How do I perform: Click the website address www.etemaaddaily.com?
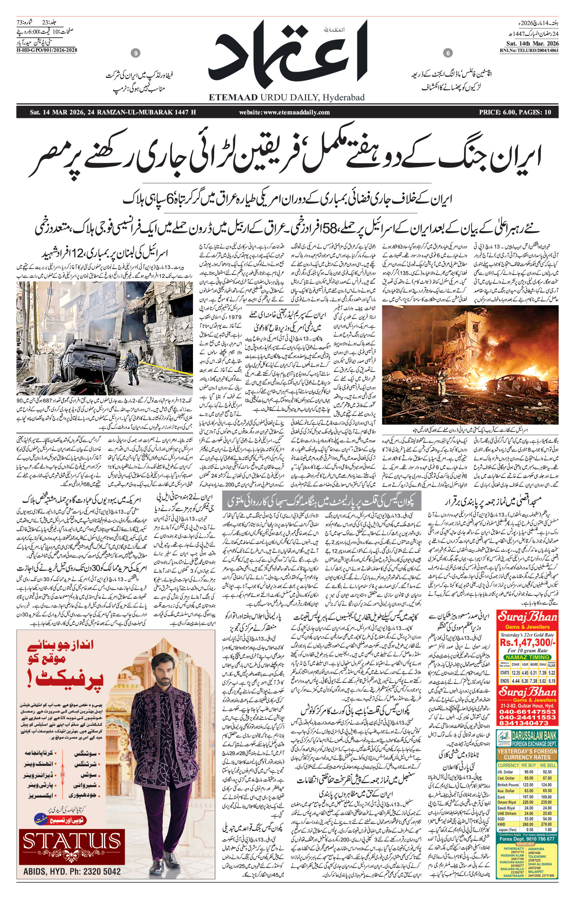coord(285,112)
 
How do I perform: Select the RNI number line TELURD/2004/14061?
coord(529,50)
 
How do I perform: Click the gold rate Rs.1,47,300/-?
coord(527,642)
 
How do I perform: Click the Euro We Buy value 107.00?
coord(528,797)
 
